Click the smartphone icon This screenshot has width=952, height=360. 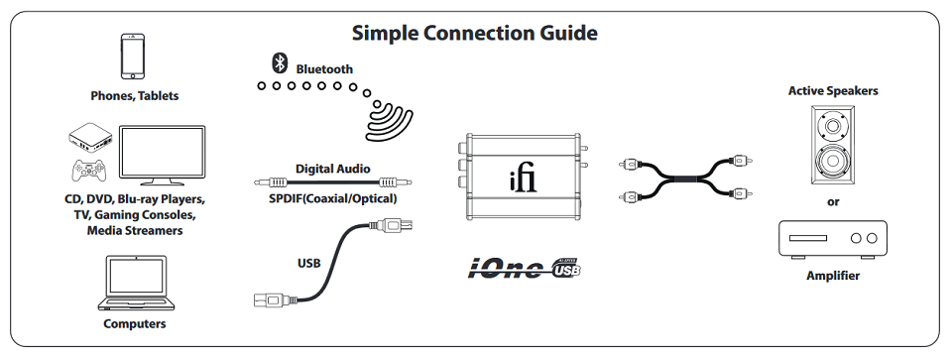pyautogui.click(x=134, y=57)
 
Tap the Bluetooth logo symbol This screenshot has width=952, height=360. pyautogui.click(x=280, y=63)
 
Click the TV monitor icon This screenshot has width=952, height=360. pyautogui.click(x=162, y=155)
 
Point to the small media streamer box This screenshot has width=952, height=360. pyautogui.click(x=91, y=139)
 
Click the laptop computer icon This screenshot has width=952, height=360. pyautogui.click(x=135, y=283)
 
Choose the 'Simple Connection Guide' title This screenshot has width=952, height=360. pyautogui.click(x=475, y=33)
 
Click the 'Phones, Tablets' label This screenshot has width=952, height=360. pyautogui.click(x=135, y=96)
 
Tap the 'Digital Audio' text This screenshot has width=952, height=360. pyautogui.click(x=333, y=169)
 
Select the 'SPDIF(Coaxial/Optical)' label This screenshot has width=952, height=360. pyautogui.click(x=333, y=198)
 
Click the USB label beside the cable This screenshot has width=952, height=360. pyautogui.click(x=309, y=264)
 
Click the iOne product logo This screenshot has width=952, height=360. pyautogui.click(x=524, y=269)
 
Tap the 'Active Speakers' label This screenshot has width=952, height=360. pyautogui.click(x=833, y=91)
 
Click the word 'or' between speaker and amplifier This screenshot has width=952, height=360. pyautogui.click(x=833, y=202)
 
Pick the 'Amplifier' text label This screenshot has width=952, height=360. pyautogui.click(x=833, y=276)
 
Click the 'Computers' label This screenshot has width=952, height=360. pyautogui.click(x=135, y=323)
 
